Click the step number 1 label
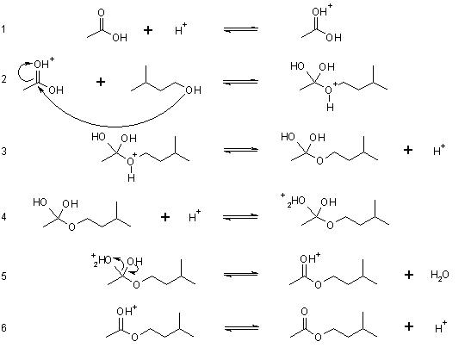click(3, 29)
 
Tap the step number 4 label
click(3, 217)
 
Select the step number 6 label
click(3, 327)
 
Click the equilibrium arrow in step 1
click(241, 29)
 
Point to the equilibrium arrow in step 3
click(241, 150)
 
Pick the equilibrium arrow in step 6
click(241, 327)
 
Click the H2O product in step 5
click(440, 275)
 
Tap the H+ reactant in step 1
click(181, 29)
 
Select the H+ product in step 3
click(439, 150)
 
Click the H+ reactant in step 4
click(195, 216)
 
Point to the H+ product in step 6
click(441, 327)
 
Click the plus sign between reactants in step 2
click(101, 82)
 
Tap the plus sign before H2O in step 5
click(408, 275)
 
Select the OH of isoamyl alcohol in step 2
click(193, 90)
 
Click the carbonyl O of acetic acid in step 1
click(102, 13)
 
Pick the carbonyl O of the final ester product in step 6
click(304, 311)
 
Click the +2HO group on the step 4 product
click(293, 201)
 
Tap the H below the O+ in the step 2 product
click(330, 108)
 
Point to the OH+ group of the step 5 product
click(310, 258)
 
